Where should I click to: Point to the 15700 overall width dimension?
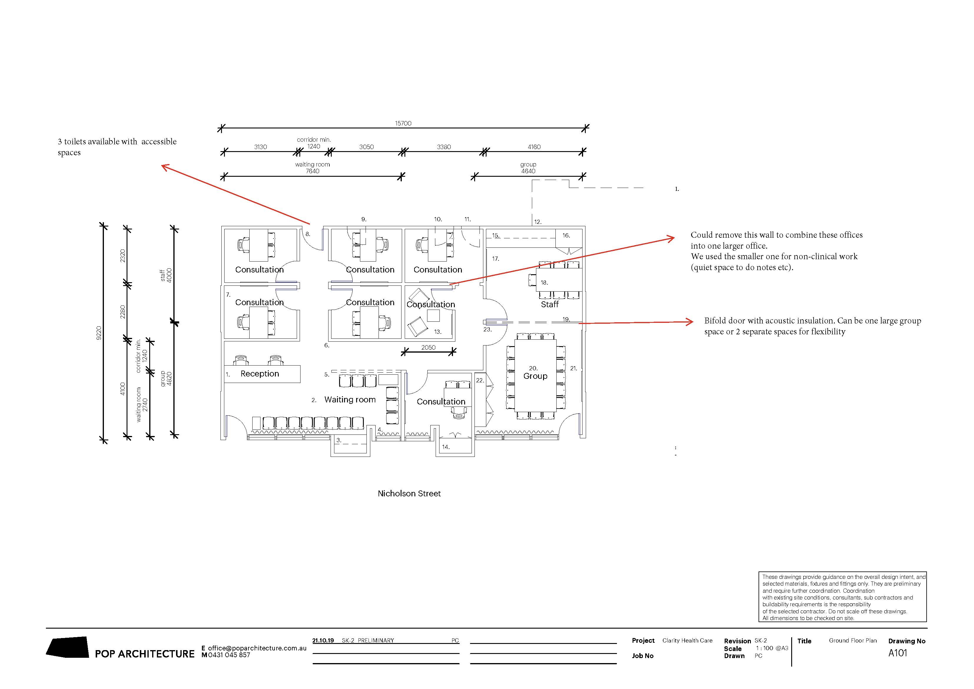point(403,123)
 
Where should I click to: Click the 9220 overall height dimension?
point(99,333)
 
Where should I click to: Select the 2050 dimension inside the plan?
point(429,347)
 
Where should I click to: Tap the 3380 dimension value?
point(444,147)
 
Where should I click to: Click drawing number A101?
point(898,653)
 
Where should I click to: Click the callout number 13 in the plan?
point(437,332)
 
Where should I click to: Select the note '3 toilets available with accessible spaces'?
point(117,147)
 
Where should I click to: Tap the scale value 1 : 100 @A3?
point(772,648)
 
